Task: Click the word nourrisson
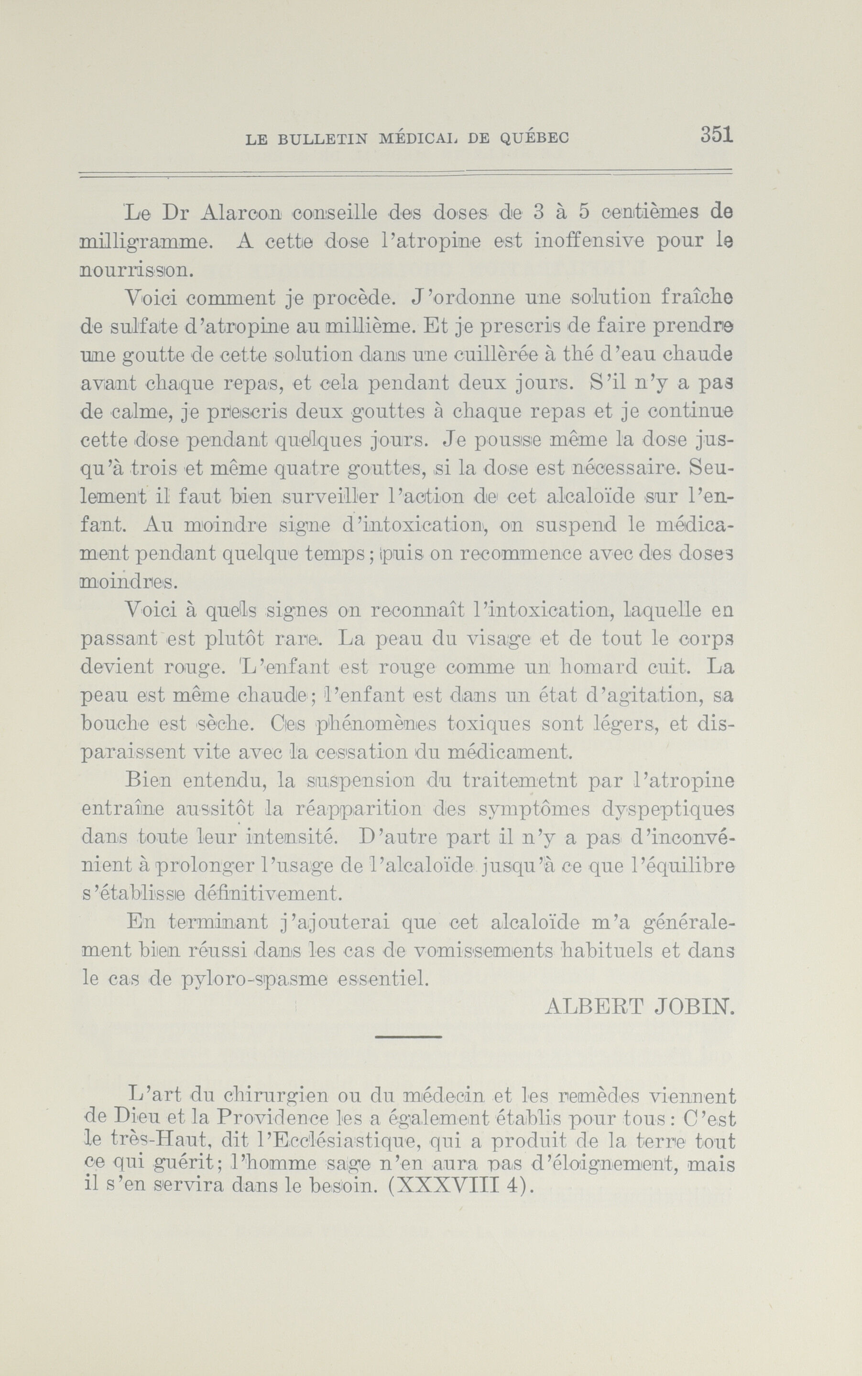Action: point(137,270)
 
